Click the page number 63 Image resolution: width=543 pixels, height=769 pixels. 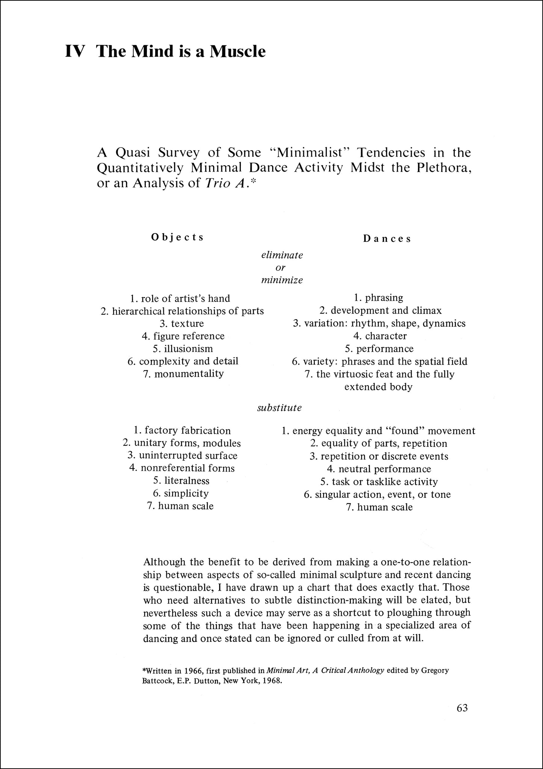462,708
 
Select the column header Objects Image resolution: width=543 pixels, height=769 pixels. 177,237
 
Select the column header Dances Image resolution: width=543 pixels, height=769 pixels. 387,239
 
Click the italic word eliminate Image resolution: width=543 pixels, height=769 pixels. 282,255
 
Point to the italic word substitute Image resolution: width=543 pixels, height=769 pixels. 279,408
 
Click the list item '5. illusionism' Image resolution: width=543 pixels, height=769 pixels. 183,348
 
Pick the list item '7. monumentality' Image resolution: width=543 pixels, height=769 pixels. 183,374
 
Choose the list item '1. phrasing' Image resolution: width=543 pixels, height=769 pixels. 378,298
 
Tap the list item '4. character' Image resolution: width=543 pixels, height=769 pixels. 380,336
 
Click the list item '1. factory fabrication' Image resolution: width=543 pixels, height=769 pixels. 182,430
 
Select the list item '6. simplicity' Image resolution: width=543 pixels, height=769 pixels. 181,493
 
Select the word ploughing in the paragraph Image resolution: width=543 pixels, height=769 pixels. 410,612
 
